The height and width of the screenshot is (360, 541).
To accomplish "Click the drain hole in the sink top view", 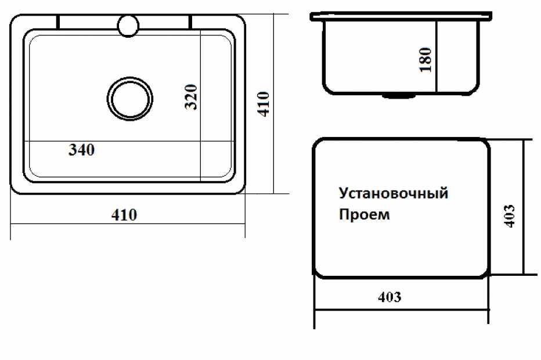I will pos(130,99).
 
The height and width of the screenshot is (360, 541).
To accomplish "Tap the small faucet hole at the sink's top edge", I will pos(128,25).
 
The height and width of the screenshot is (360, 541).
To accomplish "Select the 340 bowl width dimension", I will pos(81,150).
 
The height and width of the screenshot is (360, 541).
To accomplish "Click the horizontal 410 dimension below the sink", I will pos(124,215).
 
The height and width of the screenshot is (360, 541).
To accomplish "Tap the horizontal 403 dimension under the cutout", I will pos(389,297).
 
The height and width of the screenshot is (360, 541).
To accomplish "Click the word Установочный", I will pos(393,193).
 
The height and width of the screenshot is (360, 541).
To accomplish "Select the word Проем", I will pos(365,215).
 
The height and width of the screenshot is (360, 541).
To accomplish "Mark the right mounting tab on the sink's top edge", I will pos(189,21).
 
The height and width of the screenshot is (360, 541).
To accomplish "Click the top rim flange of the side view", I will pos(401,16).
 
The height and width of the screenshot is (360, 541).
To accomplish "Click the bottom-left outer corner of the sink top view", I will pos(15,190).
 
